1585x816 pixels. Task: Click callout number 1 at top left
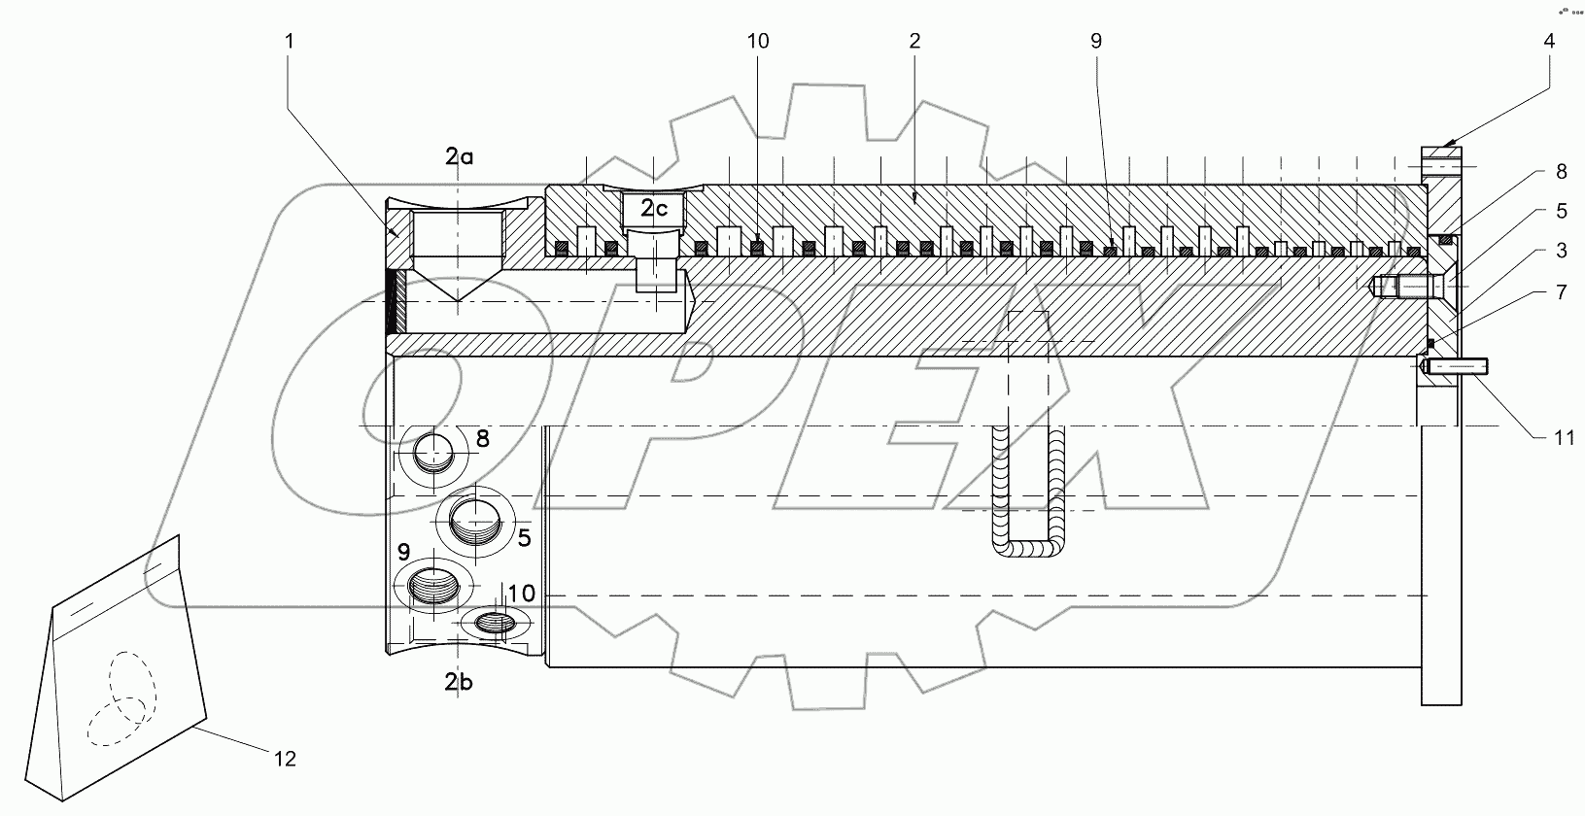coord(289,41)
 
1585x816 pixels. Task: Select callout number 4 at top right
coord(1549,41)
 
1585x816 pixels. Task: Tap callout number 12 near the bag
coord(285,758)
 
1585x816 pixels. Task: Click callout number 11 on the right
coord(1563,438)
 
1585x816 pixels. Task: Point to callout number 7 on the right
coord(1561,291)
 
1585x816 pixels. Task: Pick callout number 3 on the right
coord(1561,251)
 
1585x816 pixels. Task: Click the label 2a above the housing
coord(459,156)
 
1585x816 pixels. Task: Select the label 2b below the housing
coord(459,683)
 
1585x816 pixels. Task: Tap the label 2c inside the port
coord(653,208)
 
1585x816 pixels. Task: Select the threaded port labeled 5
coord(474,526)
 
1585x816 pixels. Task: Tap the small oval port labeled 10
coord(496,622)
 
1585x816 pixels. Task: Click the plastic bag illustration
coord(117,670)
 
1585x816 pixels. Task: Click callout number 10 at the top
coord(758,41)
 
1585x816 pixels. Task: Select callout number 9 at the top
coord(1096,41)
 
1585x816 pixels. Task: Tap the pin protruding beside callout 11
coord(1459,367)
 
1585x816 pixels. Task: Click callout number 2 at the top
coord(914,41)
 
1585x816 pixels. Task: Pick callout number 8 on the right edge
coord(1561,172)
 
